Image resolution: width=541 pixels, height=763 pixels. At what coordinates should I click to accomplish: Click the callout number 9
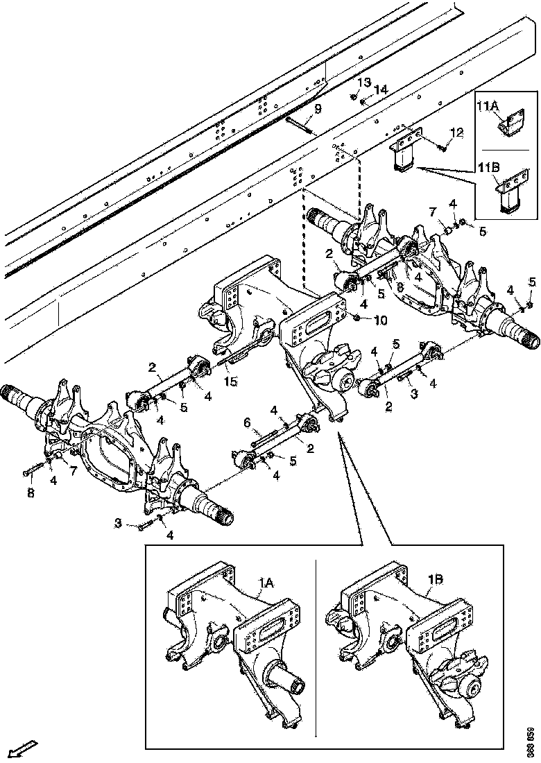[318, 108]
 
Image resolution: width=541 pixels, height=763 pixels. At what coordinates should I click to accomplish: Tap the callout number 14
[381, 90]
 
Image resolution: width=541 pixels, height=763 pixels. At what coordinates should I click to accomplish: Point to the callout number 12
[456, 132]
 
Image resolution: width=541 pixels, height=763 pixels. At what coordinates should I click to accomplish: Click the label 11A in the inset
[488, 106]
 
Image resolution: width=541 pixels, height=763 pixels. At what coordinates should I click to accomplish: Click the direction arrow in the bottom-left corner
[24, 748]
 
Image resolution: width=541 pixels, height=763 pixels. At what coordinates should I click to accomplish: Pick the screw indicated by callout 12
[442, 146]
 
